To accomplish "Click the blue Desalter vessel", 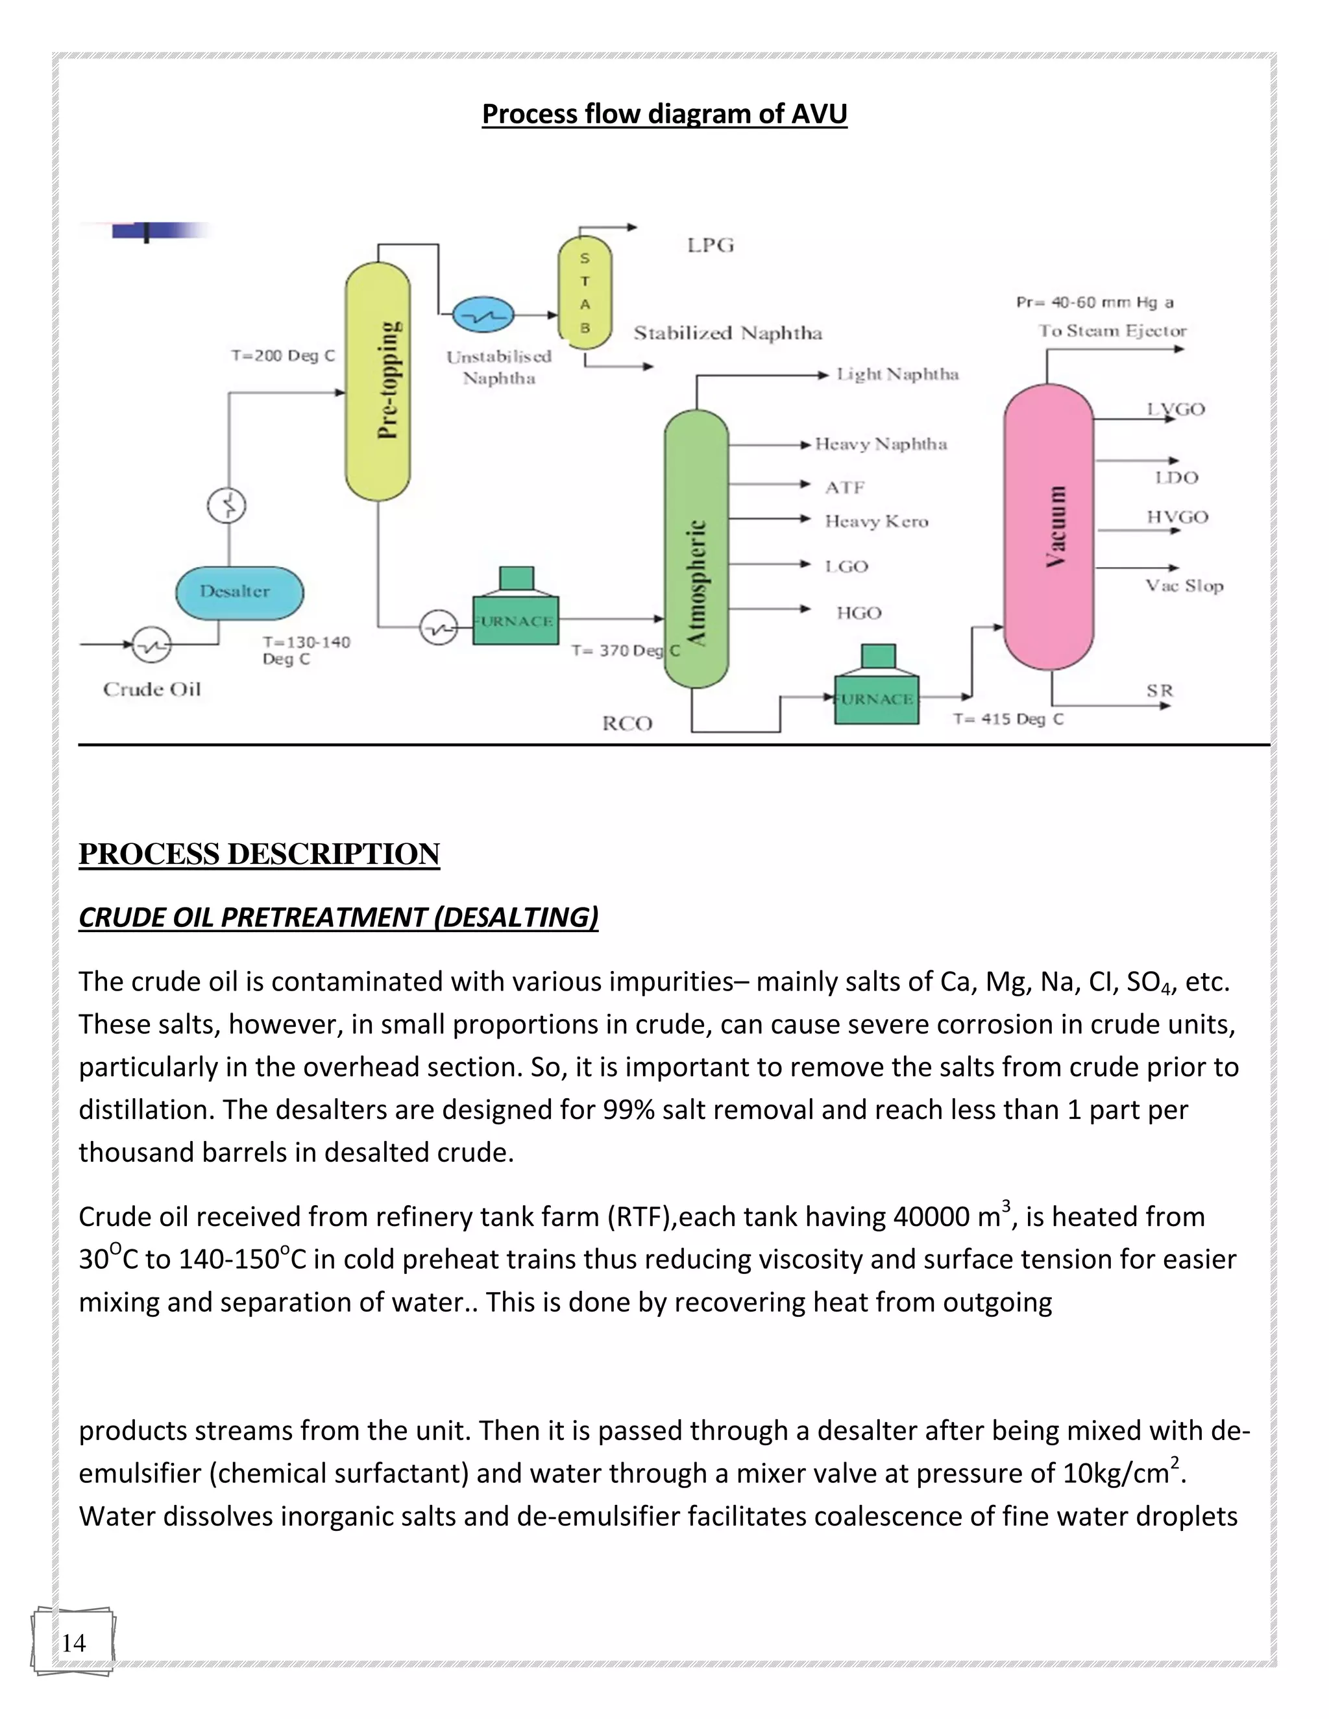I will click(x=239, y=593).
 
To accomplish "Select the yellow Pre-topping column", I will click(x=378, y=381).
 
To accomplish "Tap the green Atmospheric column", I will click(x=696, y=549).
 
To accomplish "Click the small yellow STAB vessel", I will click(x=585, y=292).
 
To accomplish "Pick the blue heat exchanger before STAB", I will click(x=483, y=316).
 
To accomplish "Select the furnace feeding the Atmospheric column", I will click(x=516, y=616).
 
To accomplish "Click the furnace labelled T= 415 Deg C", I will click(x=876, y=694).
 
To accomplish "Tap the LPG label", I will click(x=710, y=246).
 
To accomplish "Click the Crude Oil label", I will click(x=152, y=690).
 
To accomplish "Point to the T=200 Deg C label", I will click(x=283, y=355).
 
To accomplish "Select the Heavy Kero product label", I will click(x=876, y=522).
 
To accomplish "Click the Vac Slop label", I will click(x=1184, y=586).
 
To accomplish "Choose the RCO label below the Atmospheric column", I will click(x=628, y=723).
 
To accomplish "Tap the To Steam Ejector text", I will click(x=1112, y=331).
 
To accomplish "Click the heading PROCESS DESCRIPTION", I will click(x=259, y=854).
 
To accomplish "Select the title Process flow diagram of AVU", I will click(x=664, y=114).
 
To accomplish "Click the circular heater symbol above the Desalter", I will click(x=226, y=505).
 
